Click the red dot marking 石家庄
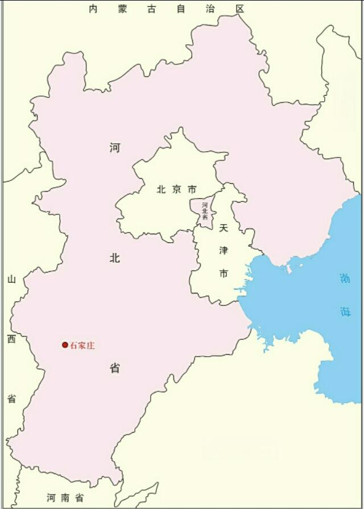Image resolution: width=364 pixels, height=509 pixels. [65, 345]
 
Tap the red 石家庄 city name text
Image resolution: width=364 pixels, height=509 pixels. [82, 345]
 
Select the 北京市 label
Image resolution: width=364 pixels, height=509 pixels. [176, 189]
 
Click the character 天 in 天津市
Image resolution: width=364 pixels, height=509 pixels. [224, 227]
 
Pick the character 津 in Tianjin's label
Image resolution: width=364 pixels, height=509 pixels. [224, 251]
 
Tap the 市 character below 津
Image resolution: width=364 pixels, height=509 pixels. [224, 274]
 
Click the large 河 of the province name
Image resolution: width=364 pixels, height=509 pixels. [115, 148]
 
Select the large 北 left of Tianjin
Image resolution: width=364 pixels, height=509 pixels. [115, 258]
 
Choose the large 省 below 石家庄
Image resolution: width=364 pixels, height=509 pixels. [115, 369]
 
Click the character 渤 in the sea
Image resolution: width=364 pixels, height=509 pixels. [345, 279]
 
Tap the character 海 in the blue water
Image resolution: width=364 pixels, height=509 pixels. [345, 311]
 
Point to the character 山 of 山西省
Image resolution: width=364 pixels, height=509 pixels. [11, 279]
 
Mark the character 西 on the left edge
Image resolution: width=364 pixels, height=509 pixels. [11, 339]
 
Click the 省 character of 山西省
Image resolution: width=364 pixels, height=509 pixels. [11, 398]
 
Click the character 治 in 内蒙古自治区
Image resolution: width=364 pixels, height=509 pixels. [210, 9]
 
